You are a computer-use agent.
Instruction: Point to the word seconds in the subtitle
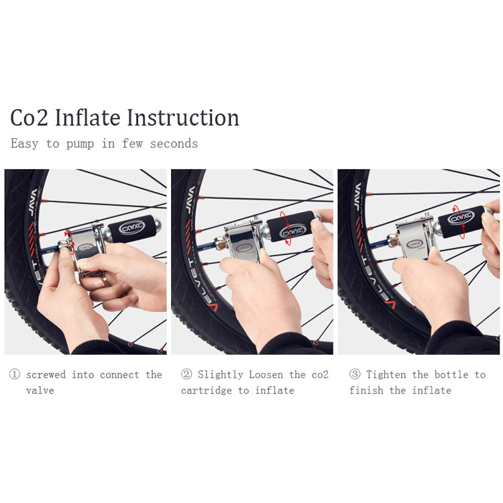click(174, 144)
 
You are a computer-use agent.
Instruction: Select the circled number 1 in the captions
click(15, 375)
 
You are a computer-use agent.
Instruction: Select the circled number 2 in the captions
click(186, 375)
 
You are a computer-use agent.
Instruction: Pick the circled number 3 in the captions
click(355, 375)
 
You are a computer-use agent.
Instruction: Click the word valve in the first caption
click(40, 390)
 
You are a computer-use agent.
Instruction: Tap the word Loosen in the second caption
click(266, 375)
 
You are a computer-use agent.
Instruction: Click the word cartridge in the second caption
click(207, 390)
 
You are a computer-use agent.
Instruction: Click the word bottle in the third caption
click(451, 375)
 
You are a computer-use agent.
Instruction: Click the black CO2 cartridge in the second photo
click(290, 227)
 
